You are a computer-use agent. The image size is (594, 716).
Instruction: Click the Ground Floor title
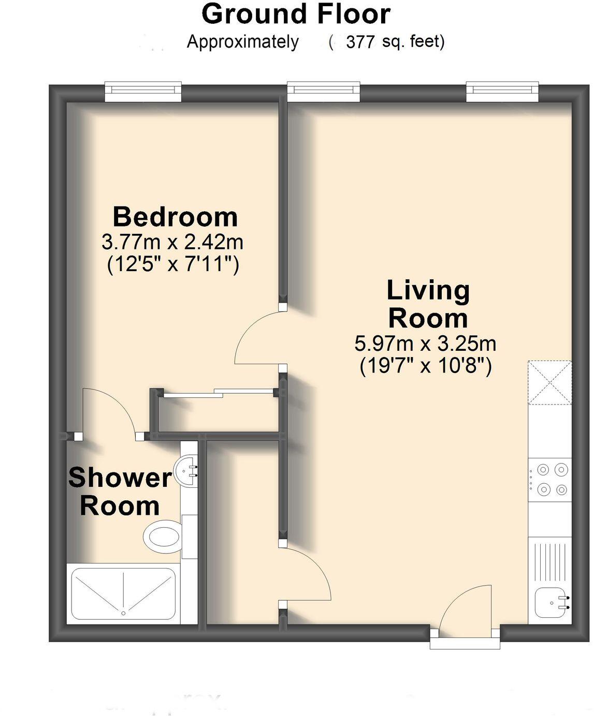coord(296,14)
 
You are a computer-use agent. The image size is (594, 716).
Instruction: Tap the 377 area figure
coord(360,42)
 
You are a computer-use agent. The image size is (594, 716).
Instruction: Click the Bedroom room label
coord(175,216)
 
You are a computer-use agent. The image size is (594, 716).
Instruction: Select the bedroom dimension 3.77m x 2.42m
coord(172,242)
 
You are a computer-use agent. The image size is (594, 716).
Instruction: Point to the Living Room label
coord(428,304)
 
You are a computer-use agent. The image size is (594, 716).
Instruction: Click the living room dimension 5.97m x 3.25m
coord(425,343)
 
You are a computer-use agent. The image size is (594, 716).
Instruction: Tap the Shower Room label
coord(120,491)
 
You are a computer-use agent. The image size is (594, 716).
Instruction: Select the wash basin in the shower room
coord(188,470)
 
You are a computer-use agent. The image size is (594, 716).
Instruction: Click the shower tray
coord(123,594)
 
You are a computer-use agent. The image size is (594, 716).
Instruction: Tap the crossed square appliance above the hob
coord(549,382)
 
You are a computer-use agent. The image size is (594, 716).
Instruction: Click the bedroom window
coord(143,92)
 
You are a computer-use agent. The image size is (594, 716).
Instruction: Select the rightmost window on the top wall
coord(502,92)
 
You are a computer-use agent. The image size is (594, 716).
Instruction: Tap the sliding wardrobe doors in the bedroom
coord(218,393)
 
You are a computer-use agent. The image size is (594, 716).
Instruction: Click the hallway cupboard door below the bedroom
coord(306,574)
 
